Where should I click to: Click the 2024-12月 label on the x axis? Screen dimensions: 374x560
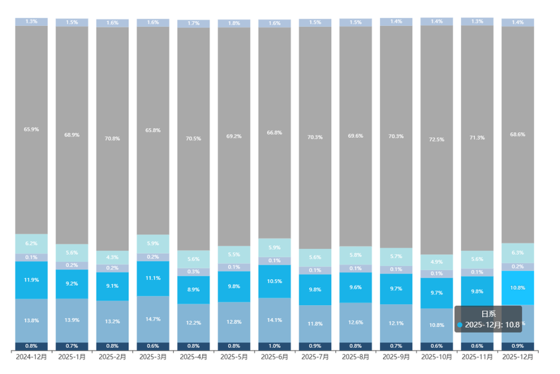[31, 357]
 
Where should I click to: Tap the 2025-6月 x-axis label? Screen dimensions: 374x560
[274, 357]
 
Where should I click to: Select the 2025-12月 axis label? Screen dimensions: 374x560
[517, 357]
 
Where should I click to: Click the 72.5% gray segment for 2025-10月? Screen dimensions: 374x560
[437, 140]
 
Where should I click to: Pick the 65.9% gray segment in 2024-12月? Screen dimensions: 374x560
[31, 130]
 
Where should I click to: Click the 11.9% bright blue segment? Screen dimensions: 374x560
[31, 280]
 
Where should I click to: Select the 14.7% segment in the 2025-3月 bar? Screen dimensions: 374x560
[153, 319]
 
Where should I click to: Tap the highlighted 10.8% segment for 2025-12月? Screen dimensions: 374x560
[517, 287]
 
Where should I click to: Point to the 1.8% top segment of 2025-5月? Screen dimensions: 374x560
[234, 23]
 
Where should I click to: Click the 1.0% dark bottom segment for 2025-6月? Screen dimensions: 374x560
[274, 346]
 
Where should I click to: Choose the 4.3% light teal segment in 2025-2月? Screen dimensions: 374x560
[113, 257]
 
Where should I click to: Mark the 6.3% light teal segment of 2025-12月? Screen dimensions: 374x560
[517, 253]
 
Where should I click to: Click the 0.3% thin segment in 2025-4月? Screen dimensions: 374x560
[193, 272]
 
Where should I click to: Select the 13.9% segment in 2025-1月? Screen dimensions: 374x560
[72, 320]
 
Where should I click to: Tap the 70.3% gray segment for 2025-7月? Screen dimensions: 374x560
[315, 138]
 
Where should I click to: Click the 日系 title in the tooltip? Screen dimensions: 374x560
[488, 314]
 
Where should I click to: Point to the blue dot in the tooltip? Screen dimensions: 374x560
[460, 325]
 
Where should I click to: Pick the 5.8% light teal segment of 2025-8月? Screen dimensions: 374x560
[356, 255]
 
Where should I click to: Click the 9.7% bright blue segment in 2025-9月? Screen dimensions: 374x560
[396, 288]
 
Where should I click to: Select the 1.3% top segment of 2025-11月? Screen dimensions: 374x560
[477, 21]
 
